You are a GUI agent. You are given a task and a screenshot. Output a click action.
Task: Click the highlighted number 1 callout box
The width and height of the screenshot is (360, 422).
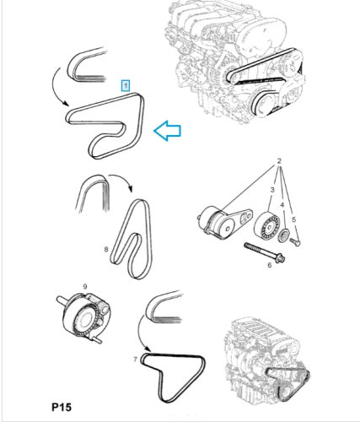[x=126, y=85]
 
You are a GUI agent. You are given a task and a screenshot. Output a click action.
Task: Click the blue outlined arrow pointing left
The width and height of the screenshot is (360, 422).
[x=168, y=131]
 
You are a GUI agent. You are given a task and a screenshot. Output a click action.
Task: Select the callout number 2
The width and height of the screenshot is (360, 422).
[x=279, y=161]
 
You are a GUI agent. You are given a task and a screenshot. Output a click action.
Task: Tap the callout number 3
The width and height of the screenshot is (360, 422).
[x=272, y=190]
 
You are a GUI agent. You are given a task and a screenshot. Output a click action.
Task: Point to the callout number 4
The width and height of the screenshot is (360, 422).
[x=282, y=204]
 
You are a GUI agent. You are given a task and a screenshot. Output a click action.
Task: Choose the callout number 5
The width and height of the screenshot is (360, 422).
[x=293, y=219]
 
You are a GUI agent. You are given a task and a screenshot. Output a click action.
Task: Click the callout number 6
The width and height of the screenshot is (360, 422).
[x=270, y=265]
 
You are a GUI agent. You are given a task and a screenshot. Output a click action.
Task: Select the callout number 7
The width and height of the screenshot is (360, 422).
[x=135, y=360]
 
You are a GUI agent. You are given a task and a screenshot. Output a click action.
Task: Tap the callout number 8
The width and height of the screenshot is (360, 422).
[x=106, y=249]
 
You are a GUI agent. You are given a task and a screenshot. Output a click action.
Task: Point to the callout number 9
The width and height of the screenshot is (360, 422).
[x=85, y=287]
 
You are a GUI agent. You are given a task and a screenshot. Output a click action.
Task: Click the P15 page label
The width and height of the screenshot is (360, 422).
[x=62, y=407]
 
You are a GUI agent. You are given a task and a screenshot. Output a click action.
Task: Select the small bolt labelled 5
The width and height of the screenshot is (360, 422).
[x=294, y=241]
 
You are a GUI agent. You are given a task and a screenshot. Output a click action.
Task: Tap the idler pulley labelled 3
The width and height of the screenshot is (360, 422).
[x=267, y=227]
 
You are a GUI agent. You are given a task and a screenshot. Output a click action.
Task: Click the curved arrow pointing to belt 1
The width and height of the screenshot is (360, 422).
[x=54, y=89]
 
